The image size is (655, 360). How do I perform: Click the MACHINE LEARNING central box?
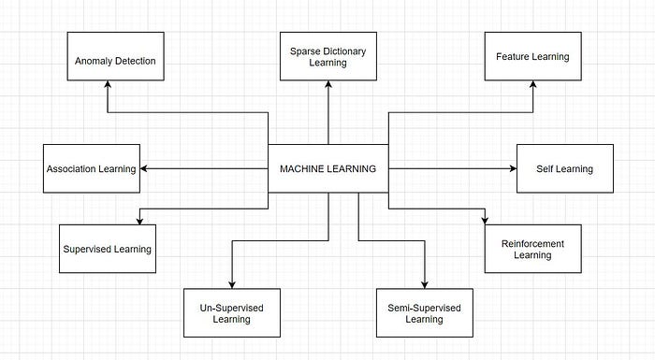pos(327,169)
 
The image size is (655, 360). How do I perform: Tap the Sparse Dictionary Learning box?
pos(327,56)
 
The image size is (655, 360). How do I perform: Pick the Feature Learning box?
pos(532,56)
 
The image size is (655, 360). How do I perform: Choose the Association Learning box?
pos(92,168)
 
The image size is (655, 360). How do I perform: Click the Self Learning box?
pos(564,168)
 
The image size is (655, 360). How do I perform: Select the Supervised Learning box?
pos(107,249)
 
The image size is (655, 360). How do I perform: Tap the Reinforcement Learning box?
pos(532,249)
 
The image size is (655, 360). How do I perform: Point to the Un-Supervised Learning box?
pos(231,312)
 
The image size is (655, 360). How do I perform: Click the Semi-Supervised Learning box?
pos(424,312)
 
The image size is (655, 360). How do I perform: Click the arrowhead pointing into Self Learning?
pos(512,169)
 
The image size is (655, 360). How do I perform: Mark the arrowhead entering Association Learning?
pos(144,169)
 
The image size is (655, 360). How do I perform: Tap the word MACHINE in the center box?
pos(302,169)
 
